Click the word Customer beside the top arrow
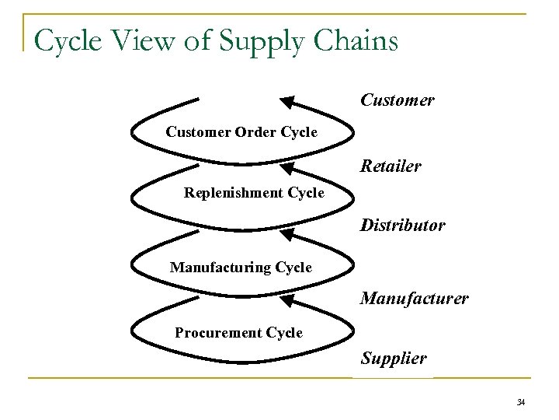397,100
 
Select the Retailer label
391,166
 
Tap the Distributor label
402,226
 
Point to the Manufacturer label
414,298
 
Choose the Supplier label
393,359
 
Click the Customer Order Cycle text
241,132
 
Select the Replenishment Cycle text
254,192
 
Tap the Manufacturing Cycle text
241,268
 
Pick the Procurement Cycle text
238,333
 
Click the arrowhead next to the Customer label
287,101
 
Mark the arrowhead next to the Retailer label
287,167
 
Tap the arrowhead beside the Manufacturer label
287,299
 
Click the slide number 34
520,402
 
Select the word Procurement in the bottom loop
218,333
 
